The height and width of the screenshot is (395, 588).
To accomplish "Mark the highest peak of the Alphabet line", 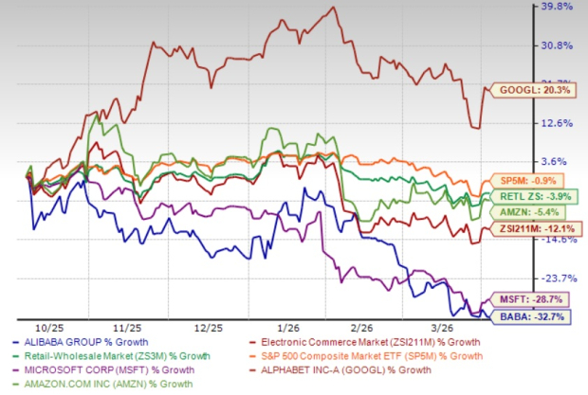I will click(x=331, y=9).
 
